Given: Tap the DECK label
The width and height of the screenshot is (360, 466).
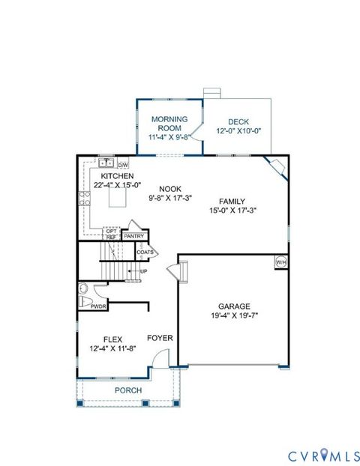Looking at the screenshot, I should (x=238, y=122).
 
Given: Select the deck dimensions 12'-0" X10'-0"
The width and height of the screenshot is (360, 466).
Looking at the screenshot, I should (x=238, y=132).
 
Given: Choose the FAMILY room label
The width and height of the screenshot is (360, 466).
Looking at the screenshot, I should (x=232, y=201).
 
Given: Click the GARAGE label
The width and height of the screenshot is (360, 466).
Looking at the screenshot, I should (x=235, y=306).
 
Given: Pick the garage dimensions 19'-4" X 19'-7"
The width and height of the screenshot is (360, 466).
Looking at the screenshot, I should (x=235, y=315).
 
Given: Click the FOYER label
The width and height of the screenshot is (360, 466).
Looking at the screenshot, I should (x=160, y=338).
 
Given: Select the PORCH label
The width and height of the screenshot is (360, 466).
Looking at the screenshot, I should (x=127, y=390).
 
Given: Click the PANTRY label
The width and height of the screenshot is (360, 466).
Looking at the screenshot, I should (x=134, y=236).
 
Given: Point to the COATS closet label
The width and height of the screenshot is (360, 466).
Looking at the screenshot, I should (x=145, y=252).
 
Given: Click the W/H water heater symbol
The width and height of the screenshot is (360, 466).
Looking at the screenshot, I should (x=281, y=262).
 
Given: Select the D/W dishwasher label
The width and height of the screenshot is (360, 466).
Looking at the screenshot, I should (x=123, y=164).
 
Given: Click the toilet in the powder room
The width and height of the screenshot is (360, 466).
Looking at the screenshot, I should (x=84, y=290).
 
